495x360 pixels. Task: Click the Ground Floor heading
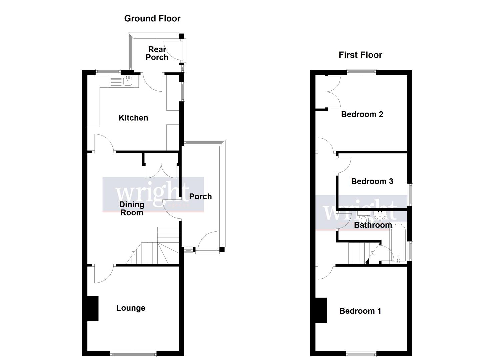click(x=152, y=18)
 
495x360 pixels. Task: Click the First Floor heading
click(x=360, y=55)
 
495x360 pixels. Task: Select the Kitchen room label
click(x=133, y=118)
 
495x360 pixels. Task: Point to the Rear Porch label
click(x=157, y=53)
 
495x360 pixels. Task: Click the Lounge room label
click(x=131, y=308)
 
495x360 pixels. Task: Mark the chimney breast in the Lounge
click(x=93, y=309)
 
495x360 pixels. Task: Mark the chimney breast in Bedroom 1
click(x=321, y=310)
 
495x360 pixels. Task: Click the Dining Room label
click(x=132, y=208)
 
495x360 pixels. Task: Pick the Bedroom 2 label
click(x=362, y=114)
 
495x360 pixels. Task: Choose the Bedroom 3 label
click(x=372, y=181)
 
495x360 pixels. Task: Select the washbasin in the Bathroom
click(x=380, y=216)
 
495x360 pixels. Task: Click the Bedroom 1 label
click(x=360, y=311)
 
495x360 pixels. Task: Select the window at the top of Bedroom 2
click(x=361, y=71)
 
